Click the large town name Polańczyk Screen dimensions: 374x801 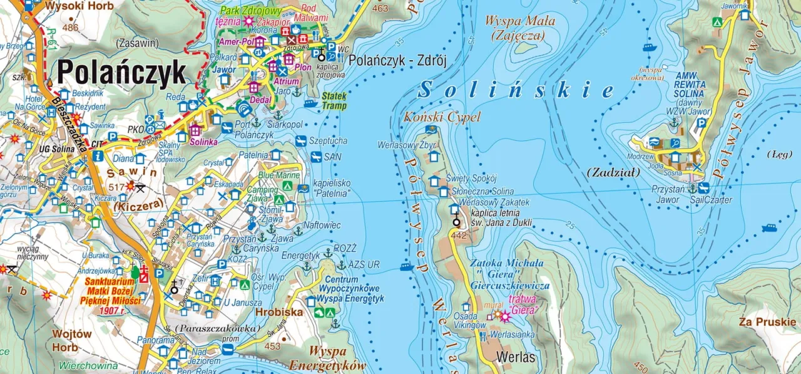click(121, 73)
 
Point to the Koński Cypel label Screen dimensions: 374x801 click(442, 117)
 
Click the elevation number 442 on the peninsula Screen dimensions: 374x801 click(459, 236)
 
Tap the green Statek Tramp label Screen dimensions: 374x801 click(334, 101)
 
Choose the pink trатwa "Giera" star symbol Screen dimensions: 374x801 click(504, 316)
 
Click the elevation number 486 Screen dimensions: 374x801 click(71, 27)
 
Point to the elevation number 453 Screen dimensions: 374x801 click(272, 346)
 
